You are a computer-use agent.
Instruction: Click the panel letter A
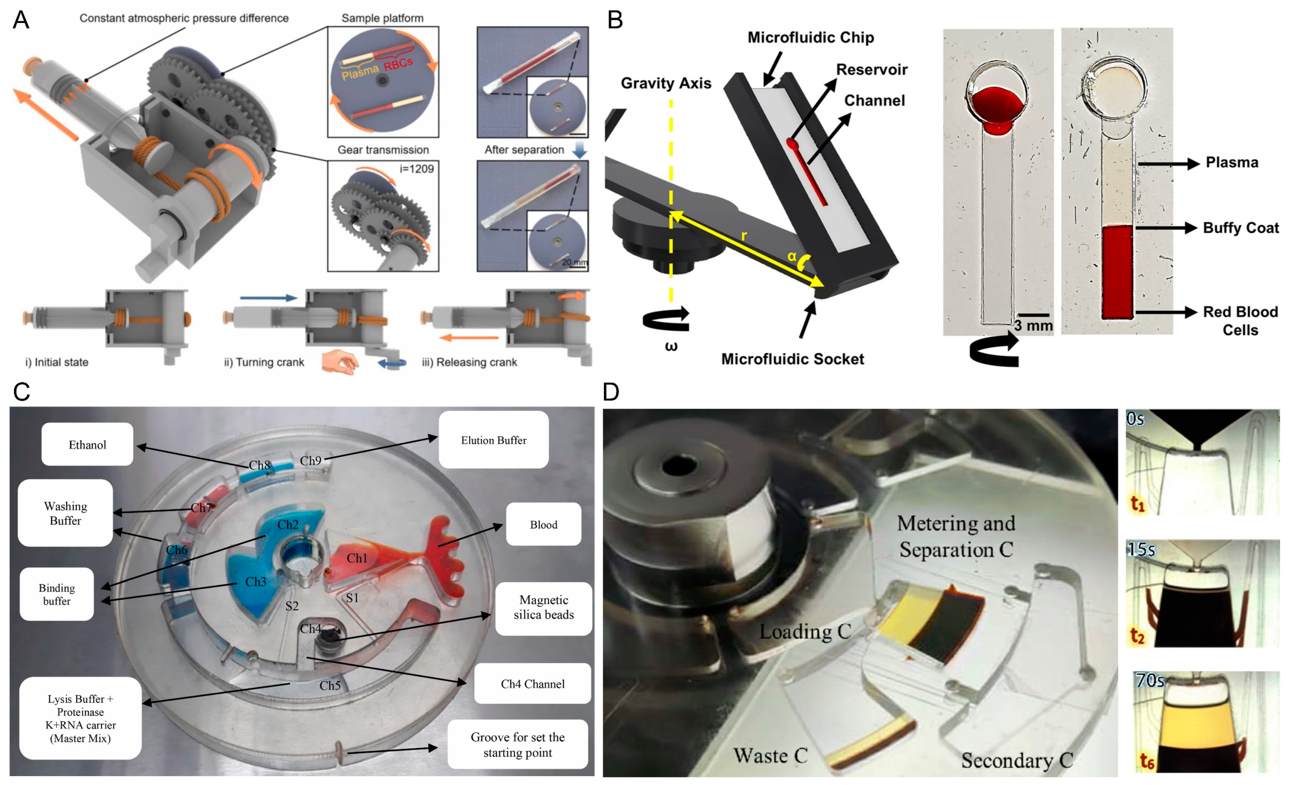click(21, 20)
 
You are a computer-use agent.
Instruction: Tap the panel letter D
click(611, 391)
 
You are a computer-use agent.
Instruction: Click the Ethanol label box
click(87, 444)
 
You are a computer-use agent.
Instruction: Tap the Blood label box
click(543, 524)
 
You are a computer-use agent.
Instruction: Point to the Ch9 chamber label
click(310, 460)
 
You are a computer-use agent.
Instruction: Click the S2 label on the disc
click(292, 606)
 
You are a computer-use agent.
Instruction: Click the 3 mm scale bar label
click(1033, 326)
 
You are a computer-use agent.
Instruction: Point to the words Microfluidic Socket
click(792, 359)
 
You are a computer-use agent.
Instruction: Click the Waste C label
click(770, 755)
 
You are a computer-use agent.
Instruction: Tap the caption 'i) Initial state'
click(57, 362)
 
